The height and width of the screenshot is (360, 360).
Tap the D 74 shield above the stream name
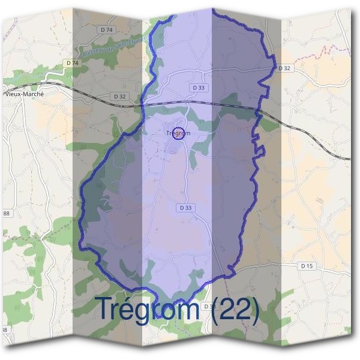pos(107,29)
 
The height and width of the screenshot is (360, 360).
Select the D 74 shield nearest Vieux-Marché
pos(73,62)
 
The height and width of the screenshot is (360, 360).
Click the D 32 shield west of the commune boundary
pos(119,96)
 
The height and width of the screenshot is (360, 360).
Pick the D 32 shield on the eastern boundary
pos(284,68)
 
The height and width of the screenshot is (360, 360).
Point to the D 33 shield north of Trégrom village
pos(199,88)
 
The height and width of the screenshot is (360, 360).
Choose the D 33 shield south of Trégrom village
pos(186,208)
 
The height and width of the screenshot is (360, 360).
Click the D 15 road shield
pos(307,265)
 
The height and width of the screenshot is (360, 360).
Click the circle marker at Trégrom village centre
pos(178,133)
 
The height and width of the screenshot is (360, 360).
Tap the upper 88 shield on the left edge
pos(6,214)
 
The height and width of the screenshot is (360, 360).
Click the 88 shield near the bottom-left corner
pos(4,330)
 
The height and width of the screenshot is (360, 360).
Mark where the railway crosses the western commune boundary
pos(142,104)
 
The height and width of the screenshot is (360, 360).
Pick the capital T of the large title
pos(105,309)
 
